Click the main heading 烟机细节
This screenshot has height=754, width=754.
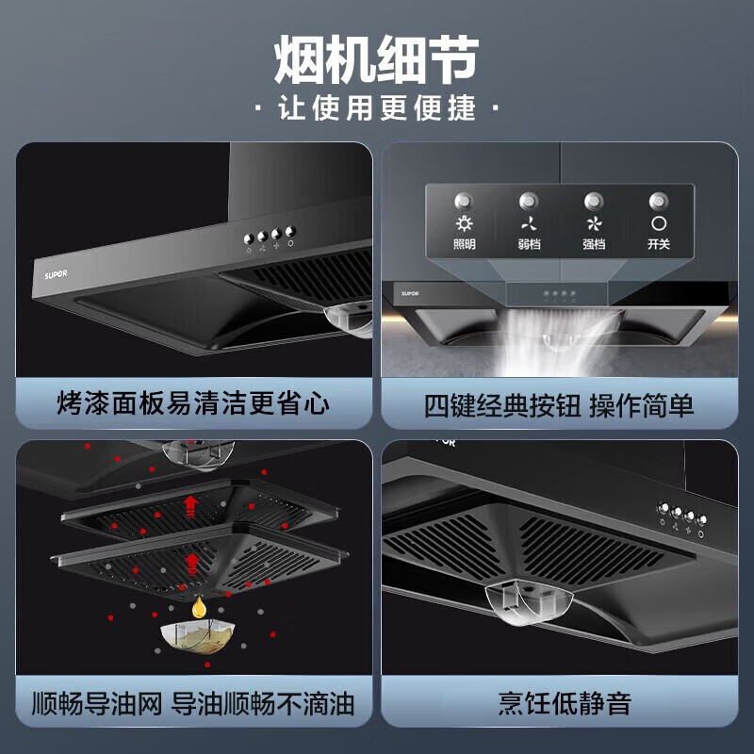tap(376, 60)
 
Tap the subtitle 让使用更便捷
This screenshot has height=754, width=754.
tap(376, 108)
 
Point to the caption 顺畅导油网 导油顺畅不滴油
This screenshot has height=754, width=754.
tap(192, 702)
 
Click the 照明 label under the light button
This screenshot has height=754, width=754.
tap(464, 244)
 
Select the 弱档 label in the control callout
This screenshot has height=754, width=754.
tap(529, 244)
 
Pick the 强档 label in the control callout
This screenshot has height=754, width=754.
tap(594, 244)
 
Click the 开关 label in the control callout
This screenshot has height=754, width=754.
tap(658, 244)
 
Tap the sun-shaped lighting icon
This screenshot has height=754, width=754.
tap(464, 224)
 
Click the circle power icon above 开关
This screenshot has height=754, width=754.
tap(658, 224)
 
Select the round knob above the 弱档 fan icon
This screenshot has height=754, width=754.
tap(529, 200)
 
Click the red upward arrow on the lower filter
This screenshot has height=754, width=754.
tap(192, 564)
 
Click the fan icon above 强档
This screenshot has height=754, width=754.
tap(594, 224)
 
